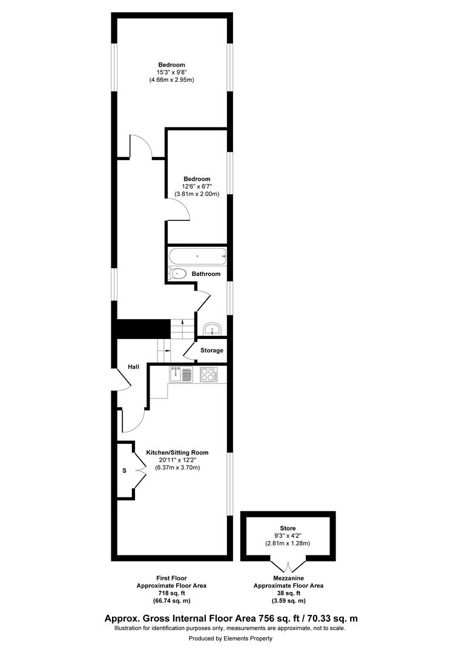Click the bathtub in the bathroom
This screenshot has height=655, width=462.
tap(197, 256)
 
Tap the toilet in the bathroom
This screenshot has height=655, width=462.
tap(177, 274)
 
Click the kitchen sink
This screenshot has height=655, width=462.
tap(180, 375)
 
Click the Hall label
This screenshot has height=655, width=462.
tap(133, 367)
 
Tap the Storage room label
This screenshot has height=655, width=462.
tap(212, 351)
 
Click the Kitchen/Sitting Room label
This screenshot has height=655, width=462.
tap(177, 452)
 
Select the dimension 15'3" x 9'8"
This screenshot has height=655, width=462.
tap(171, 72)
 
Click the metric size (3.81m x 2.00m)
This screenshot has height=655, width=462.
tap(197, 194)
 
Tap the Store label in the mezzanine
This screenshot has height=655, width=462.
tap(288, 528)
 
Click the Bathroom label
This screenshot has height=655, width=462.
tap(206, 274)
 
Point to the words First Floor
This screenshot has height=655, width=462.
tap(171, 578)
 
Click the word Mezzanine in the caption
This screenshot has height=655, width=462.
tap(288, 578)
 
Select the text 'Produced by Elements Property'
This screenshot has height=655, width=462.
tap(231, 638)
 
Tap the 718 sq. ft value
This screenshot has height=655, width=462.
tap(171, 593)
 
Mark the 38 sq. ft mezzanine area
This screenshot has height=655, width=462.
tap(288, 593)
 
